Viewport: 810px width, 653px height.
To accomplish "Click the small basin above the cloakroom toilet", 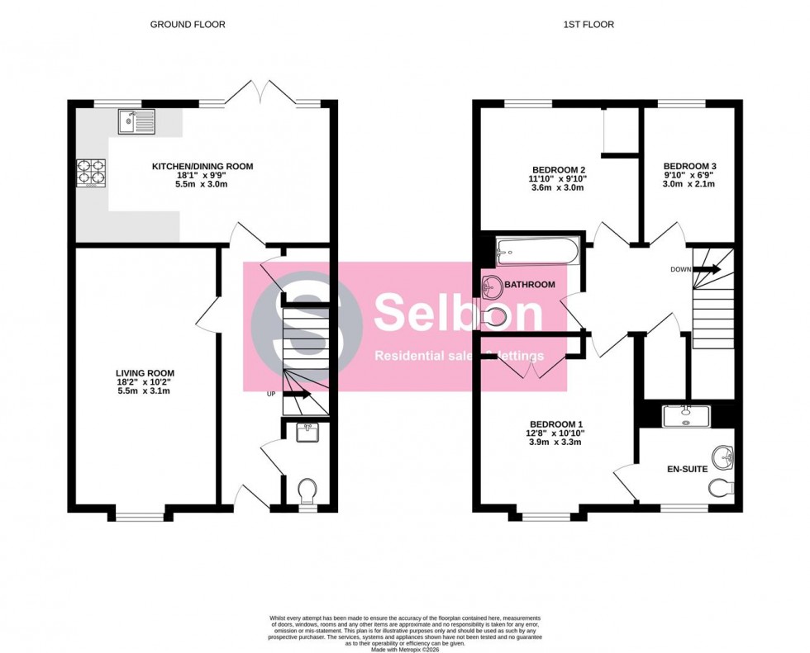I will [307, 431].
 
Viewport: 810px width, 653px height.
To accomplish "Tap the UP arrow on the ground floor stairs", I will [299, 395].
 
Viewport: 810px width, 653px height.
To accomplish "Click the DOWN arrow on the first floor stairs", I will [708, 269].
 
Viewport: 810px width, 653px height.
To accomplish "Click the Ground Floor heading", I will [188, 25].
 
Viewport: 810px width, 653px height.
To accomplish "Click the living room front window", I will [136, 516].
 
